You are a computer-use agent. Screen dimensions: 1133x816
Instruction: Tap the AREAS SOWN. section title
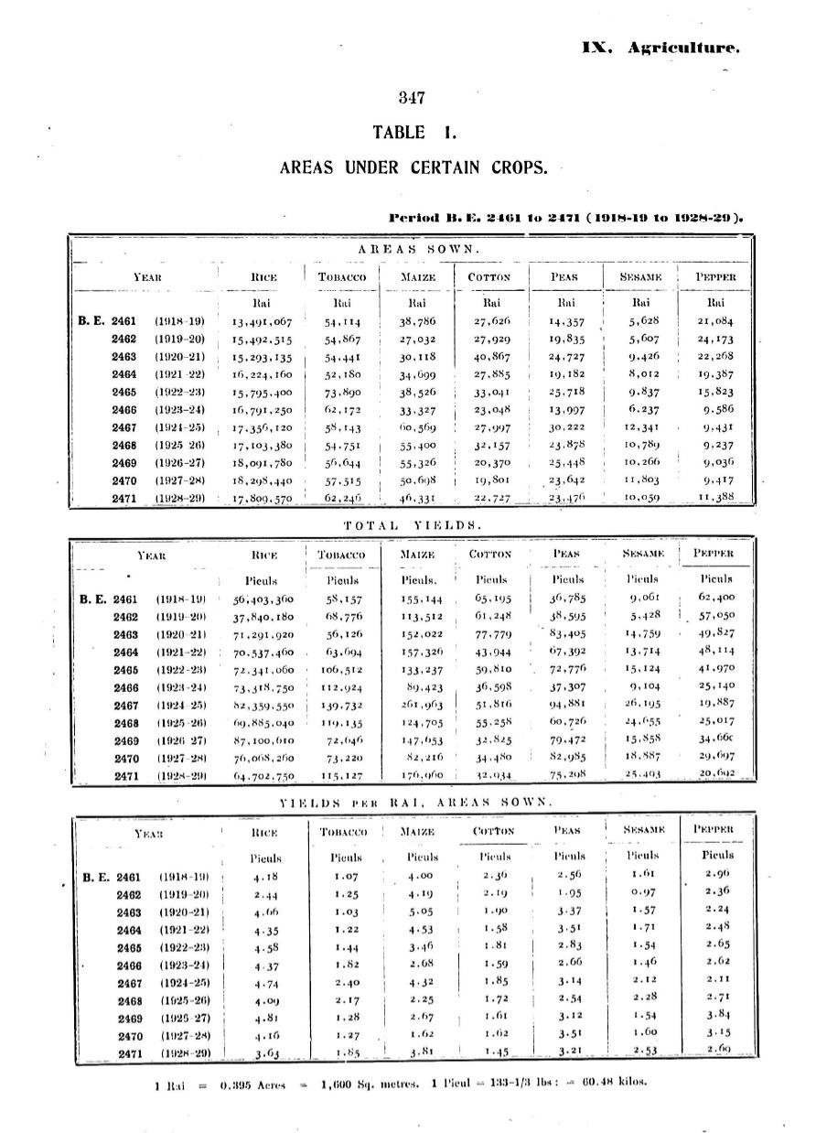point(412,249)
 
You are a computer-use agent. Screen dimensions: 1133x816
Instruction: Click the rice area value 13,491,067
point(262,321)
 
